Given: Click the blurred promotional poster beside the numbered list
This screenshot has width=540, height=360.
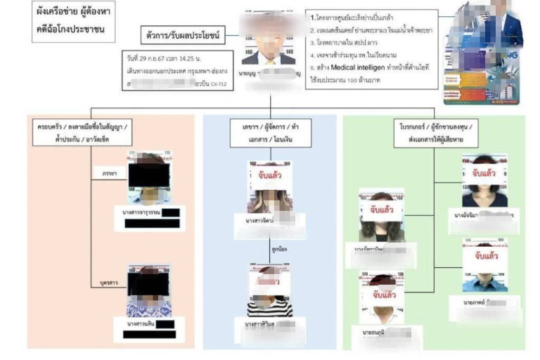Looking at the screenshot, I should (485, 53).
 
